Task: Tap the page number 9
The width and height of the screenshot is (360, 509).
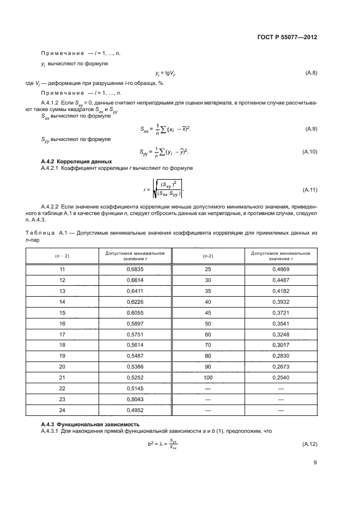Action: [x=315, y=463]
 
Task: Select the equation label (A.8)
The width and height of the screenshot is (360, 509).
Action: [x=310, y=72]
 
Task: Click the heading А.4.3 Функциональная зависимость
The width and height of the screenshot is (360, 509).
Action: [x=82, y=423]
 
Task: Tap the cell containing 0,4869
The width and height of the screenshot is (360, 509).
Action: [x=280, y=269]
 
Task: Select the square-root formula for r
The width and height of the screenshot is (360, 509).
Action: [x=162, y=189]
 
